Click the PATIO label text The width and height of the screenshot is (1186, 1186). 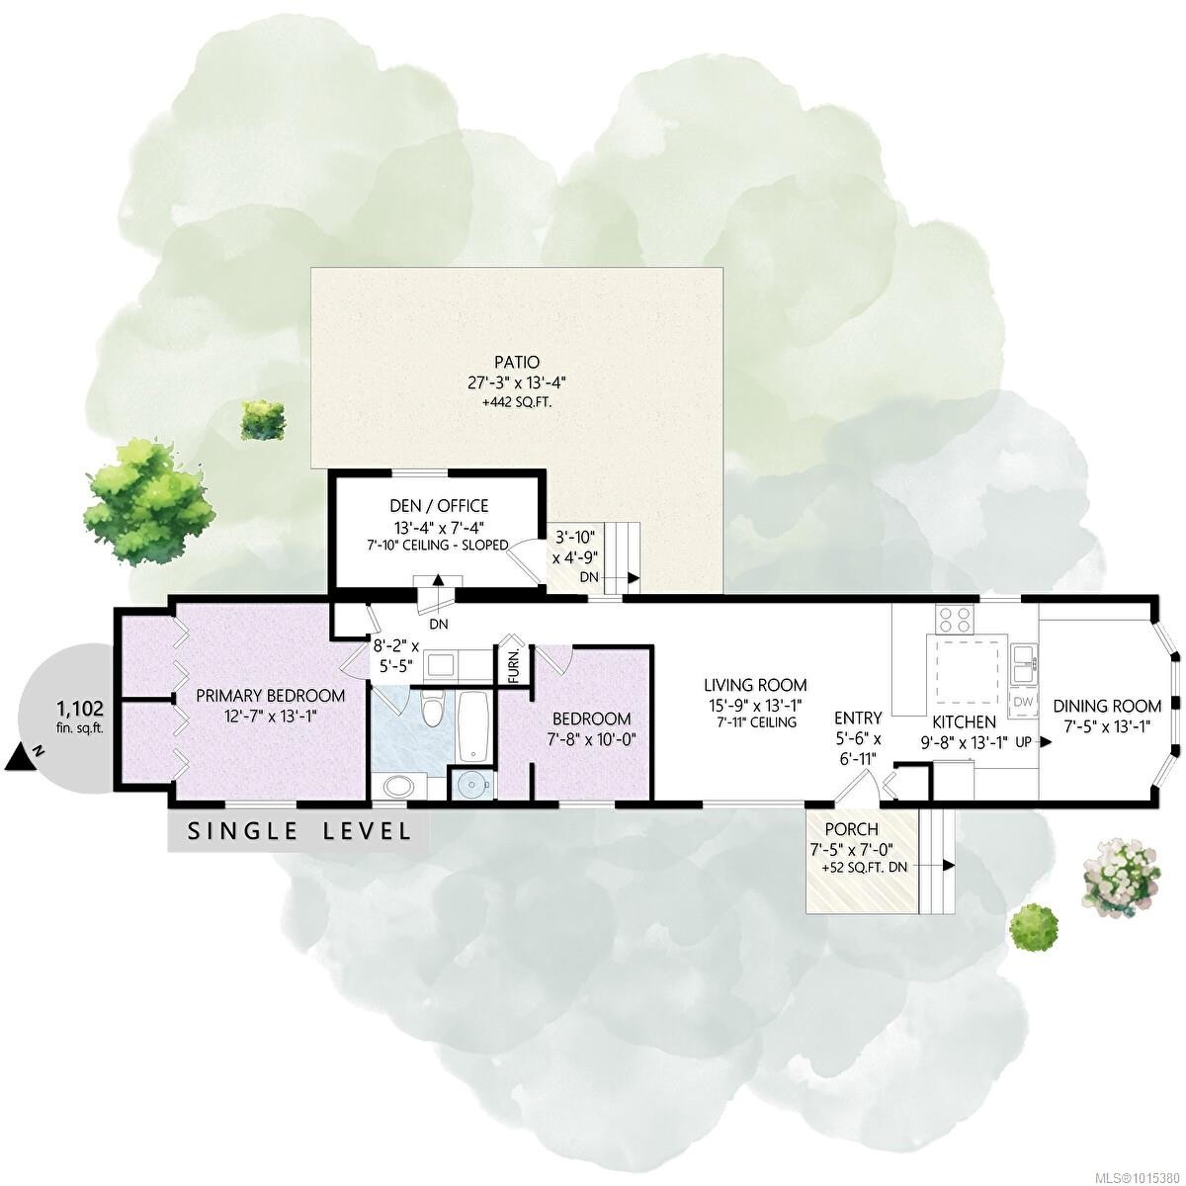click(518, 362)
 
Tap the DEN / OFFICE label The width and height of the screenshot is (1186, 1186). click(438, 506)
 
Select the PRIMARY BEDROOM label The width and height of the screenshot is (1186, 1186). click(270, 695)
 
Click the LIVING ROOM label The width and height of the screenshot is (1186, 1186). click(755, 684)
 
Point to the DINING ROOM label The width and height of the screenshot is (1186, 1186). click(1106, 706)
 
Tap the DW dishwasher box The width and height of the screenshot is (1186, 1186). click(1022, 702)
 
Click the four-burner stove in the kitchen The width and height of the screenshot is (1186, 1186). click(955, 620)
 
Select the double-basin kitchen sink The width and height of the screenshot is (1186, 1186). click(1023, 662)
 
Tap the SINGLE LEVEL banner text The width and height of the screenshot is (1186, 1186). click(299, 831)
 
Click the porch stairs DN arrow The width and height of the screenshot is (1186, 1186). click(948, 865)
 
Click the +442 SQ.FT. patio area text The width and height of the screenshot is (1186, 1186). click(518, 402)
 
